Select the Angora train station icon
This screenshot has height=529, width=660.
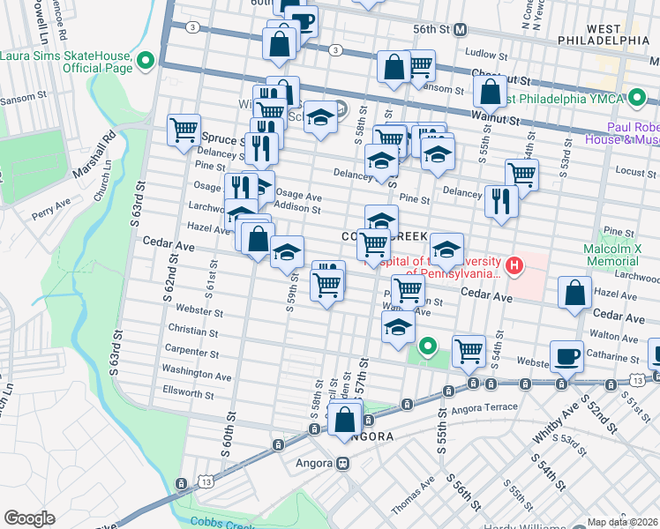pos(343,462)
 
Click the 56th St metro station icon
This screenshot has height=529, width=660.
pos(460,29)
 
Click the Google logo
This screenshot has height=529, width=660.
pos(29,518)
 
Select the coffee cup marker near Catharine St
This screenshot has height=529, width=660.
pos(566,355)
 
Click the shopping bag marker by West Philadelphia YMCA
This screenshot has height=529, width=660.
pos(490,90)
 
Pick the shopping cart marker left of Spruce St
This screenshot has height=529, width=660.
pos(184,130)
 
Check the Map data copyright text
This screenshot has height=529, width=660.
pos(623,522)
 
